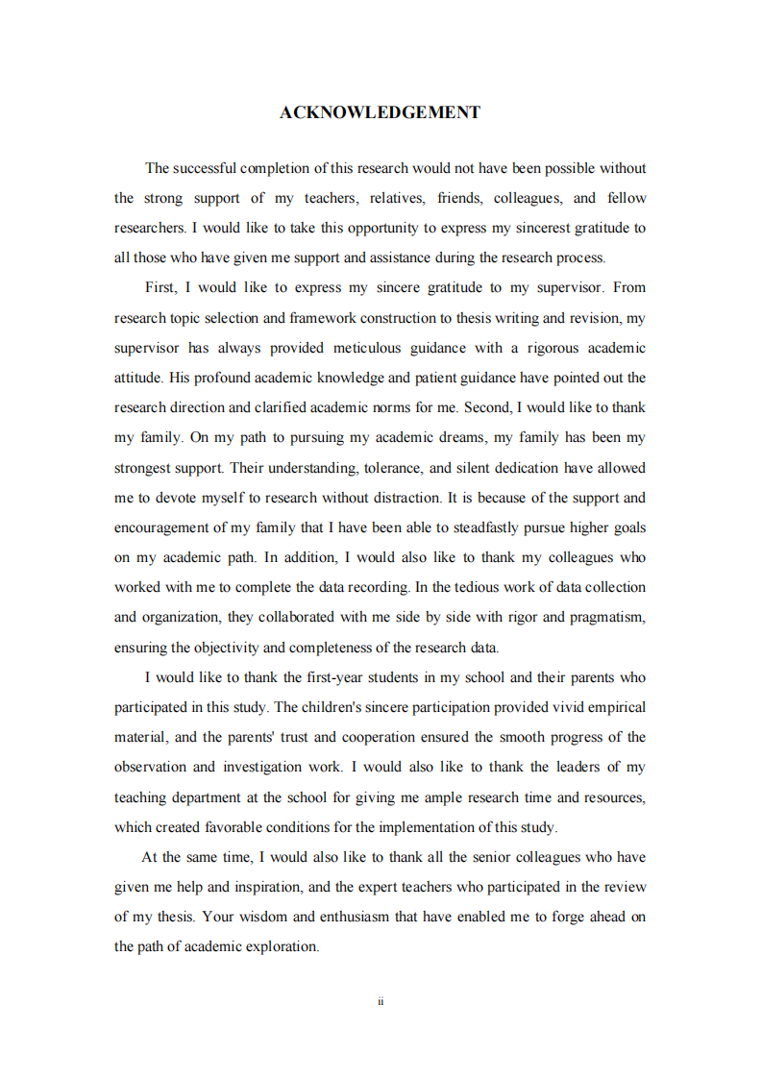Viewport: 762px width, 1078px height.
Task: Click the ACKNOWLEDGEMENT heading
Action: pos(380,113)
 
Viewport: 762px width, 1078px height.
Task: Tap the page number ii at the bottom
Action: pos(381,1001)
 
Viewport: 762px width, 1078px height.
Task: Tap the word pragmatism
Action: pos(607,617)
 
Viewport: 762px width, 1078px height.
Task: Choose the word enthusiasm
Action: pos(343,917)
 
